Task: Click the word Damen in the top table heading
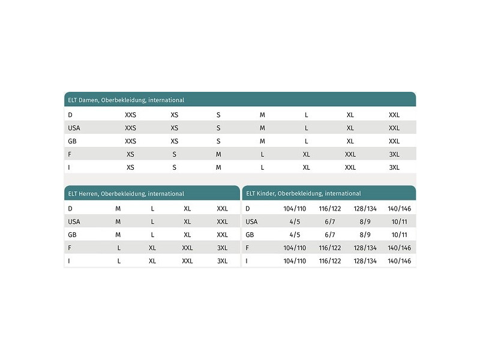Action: point(88,100)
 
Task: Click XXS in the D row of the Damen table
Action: point(130,115)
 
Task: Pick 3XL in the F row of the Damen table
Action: point(394,154)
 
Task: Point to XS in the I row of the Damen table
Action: point(130,167)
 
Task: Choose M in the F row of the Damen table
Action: point(218,154)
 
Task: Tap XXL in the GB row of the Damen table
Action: point(394,141)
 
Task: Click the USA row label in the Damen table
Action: point(74,128)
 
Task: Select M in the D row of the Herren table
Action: point(118,208)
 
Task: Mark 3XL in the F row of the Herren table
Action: point(222,248)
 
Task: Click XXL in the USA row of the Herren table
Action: point(222,221)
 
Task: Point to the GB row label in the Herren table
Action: point(72,235)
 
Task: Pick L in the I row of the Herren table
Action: point(119,261)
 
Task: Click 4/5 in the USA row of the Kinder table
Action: point(295,221)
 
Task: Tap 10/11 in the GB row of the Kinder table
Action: point(399,235)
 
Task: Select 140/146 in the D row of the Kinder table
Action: point(399,208)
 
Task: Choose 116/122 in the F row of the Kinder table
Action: point(329,248)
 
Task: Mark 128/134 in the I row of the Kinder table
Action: point(364,261)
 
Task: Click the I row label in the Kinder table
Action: point(247,261)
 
